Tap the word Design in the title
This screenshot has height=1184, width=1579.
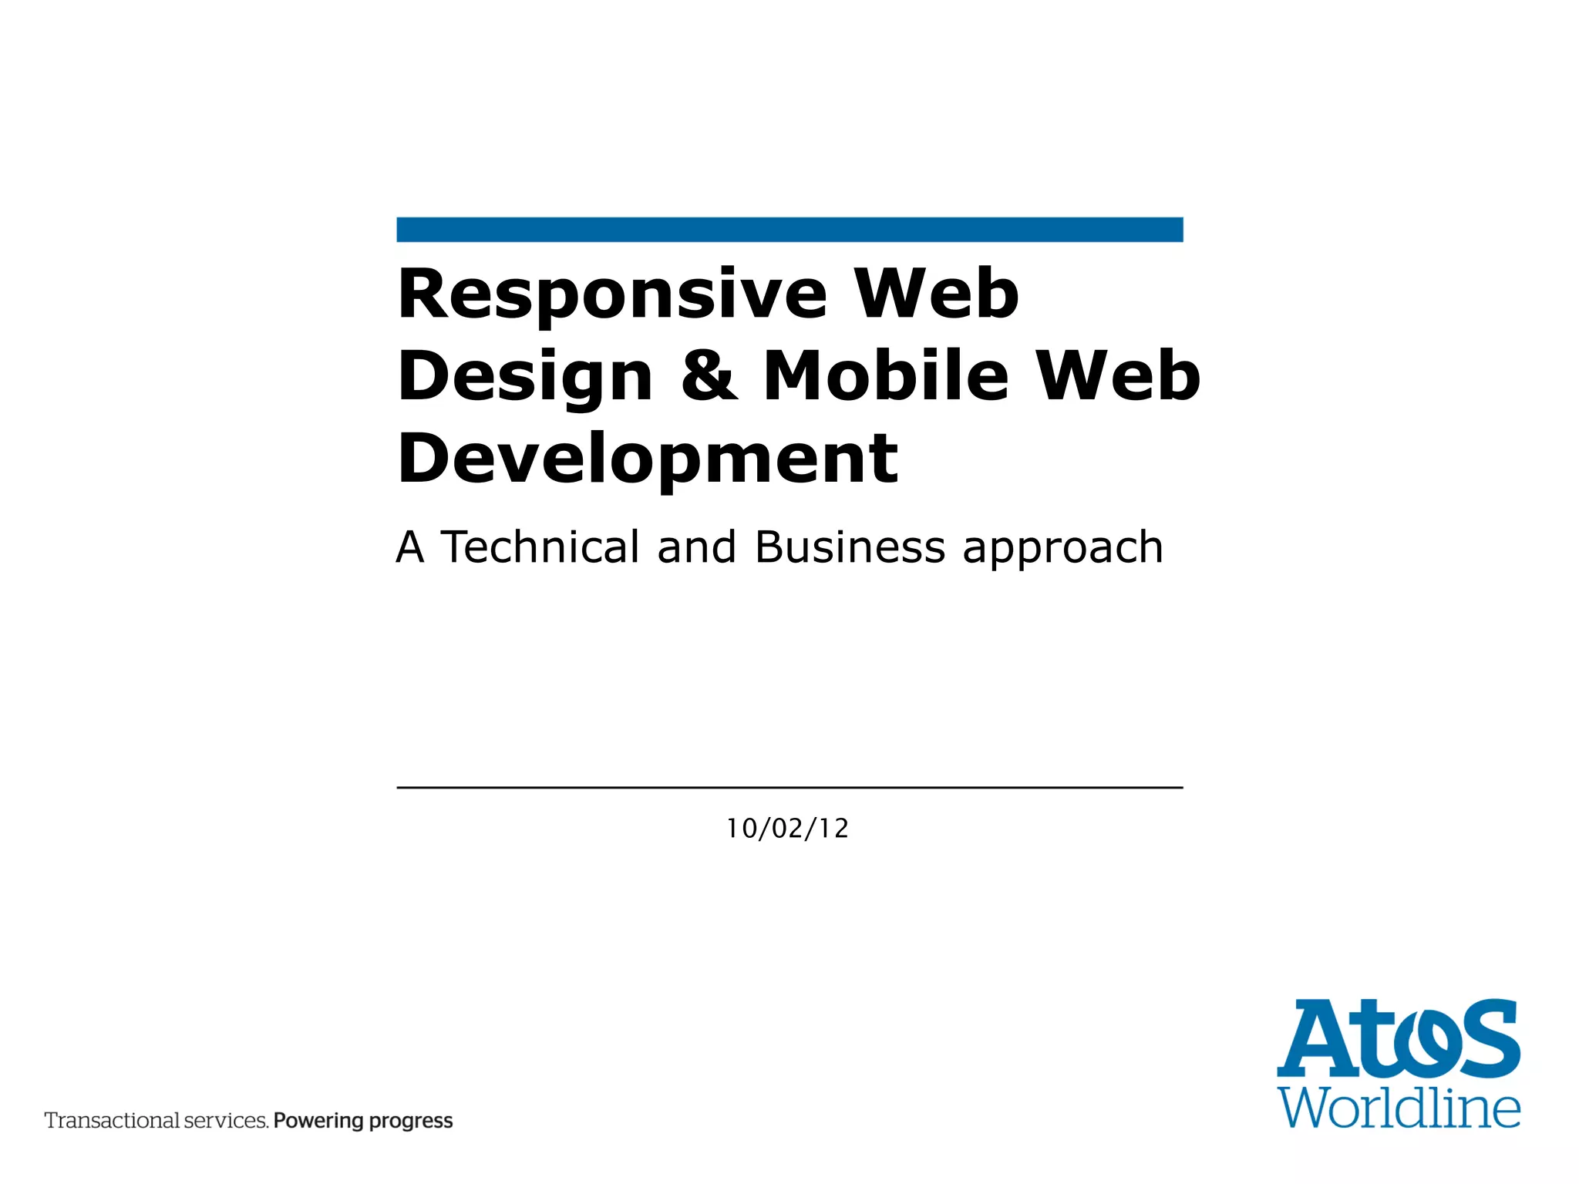(525, 377)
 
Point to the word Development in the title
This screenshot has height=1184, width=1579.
(648, 460)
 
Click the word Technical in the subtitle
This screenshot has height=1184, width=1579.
(540, 547)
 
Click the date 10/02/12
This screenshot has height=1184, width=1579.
(787, 829)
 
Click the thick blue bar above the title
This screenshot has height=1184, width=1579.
(789, 230)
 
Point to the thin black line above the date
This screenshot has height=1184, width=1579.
(789, 788)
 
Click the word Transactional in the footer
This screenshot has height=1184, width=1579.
(111, 1121)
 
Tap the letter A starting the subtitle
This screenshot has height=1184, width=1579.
(410, 547)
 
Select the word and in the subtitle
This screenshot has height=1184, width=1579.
(696, 547)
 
